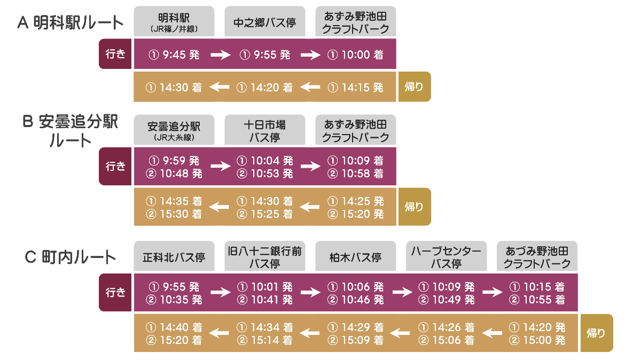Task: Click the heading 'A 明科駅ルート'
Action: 71,22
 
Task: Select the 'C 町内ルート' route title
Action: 71,257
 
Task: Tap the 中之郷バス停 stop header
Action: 265,21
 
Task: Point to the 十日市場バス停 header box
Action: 265,130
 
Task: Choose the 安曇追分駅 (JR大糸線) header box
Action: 174,130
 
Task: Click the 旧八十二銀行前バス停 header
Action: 265,256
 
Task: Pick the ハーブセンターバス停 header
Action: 446,256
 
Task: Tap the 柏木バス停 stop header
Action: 355,256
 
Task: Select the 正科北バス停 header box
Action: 174,256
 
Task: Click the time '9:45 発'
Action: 181,54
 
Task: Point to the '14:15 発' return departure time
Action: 362,87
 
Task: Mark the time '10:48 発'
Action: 181,174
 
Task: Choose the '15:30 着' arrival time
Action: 181,214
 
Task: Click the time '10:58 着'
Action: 362,174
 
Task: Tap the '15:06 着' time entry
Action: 454,340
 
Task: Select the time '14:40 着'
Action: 181,327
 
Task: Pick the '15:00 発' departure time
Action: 544,340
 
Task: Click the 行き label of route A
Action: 115,54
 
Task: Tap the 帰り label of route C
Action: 597,333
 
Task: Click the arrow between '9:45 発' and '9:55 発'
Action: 220,54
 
